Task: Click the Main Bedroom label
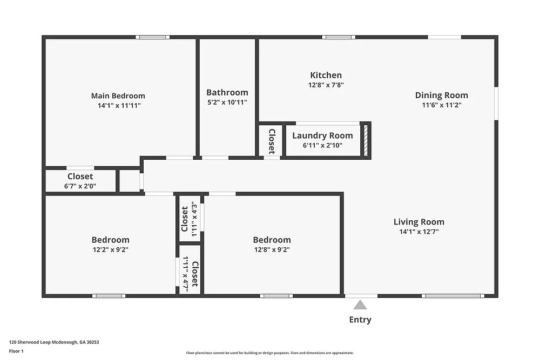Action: point(118,96)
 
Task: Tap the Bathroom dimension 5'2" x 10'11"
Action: point(227,102)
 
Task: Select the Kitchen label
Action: point(326,75)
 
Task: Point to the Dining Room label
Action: point(441,95)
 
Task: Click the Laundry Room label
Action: point(322,135)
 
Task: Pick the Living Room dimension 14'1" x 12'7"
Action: point(418,232)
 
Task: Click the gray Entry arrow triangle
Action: point(360,305)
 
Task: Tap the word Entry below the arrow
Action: point(360,320)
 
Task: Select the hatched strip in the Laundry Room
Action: point(366,140)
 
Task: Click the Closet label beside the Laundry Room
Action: point(272,141)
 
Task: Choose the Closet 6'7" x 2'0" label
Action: point(80,176)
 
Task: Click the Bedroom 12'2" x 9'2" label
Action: point(110,240)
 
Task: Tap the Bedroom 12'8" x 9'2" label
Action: point(272,240)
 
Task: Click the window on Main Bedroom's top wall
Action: point(152,37)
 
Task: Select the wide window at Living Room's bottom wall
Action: point(453,296)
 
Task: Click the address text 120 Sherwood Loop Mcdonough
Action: point(54,342)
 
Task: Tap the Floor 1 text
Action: point(16,351)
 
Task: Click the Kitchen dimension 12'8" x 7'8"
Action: point(326,85)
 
